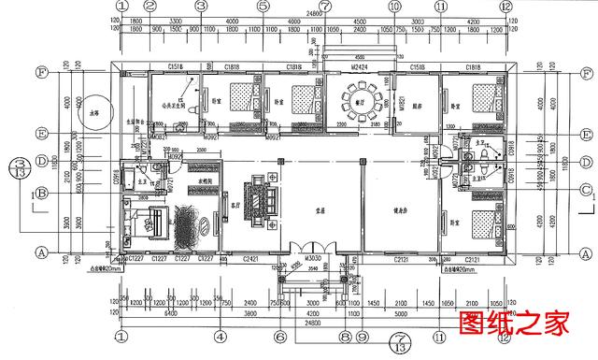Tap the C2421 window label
point(252,257)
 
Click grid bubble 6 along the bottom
point(279,335)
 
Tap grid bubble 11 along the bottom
point(439,335)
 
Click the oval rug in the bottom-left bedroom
point(192,224)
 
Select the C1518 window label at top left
point(175,66)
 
